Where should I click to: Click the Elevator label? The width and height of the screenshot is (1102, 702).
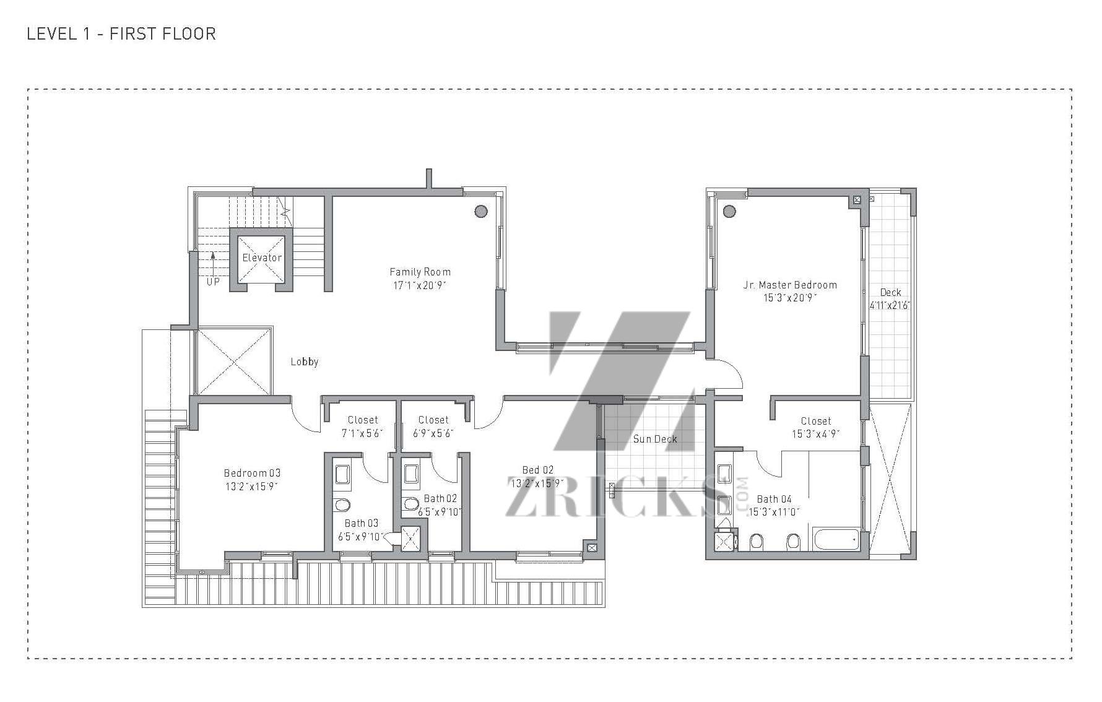(x=262, y=258)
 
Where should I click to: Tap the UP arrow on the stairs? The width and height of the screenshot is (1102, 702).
(x=213, y=262)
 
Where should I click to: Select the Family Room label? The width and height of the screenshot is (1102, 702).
(x=420, y=272)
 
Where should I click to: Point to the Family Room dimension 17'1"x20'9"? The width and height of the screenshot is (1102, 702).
(x=420, y=285)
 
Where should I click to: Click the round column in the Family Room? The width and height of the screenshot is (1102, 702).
(x=481, y=211)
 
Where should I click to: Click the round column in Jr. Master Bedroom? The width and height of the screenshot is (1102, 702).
(x=729, y=211)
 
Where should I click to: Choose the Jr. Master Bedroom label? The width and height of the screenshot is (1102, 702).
(x=790, y=285)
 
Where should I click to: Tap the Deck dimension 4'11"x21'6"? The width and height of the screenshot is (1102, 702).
(x=890, y=305)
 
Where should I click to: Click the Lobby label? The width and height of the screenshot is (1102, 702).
(x=305, y=362)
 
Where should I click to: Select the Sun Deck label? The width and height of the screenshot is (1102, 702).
(x=655, y=439)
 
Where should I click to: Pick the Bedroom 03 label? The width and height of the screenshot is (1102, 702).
(x=252, y=474)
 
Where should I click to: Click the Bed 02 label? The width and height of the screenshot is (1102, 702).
(x=538, y=470)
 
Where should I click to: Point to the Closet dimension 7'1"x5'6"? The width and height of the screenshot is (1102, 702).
(x=362, y=433)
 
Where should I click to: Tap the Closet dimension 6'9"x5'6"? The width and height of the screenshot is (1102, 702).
(x=433, y=433)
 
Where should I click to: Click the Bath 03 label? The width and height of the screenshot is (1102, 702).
(x=362, y=523)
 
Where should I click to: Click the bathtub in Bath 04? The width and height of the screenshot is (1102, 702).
(x=836, y=540)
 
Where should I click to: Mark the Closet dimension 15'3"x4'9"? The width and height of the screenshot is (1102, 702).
(x=816, y=434)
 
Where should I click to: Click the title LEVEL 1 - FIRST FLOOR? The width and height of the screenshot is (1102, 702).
(x=121, y=33)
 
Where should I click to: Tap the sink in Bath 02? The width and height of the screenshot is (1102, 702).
(x=412, y=474)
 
